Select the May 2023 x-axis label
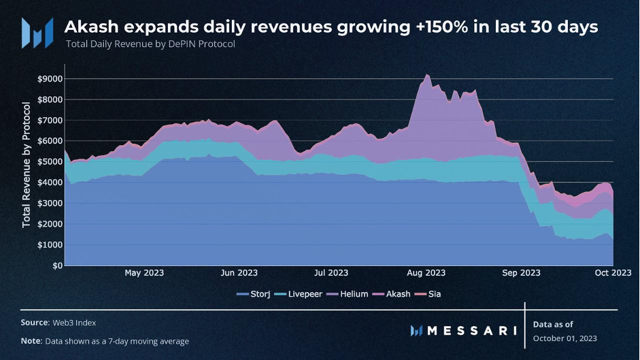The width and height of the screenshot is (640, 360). pyautogui.click(x=144, y=273)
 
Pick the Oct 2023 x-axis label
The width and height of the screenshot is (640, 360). pyautogui.click(x=612, y=273)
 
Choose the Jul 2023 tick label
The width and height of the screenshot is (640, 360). pyautogui.click(x=331, y=273)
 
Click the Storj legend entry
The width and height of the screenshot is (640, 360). pyautogui.click(x=255, y=294)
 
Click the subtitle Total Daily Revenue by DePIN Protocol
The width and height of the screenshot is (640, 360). pyautogui.click(x=150, y=44)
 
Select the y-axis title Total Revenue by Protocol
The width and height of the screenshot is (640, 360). pyautogui.click(x=27, y=165)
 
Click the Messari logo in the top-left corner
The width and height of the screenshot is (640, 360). pyautogui.click(x=37, y=32)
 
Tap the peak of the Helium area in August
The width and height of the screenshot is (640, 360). pyautogui.click(x=426, y=75)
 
